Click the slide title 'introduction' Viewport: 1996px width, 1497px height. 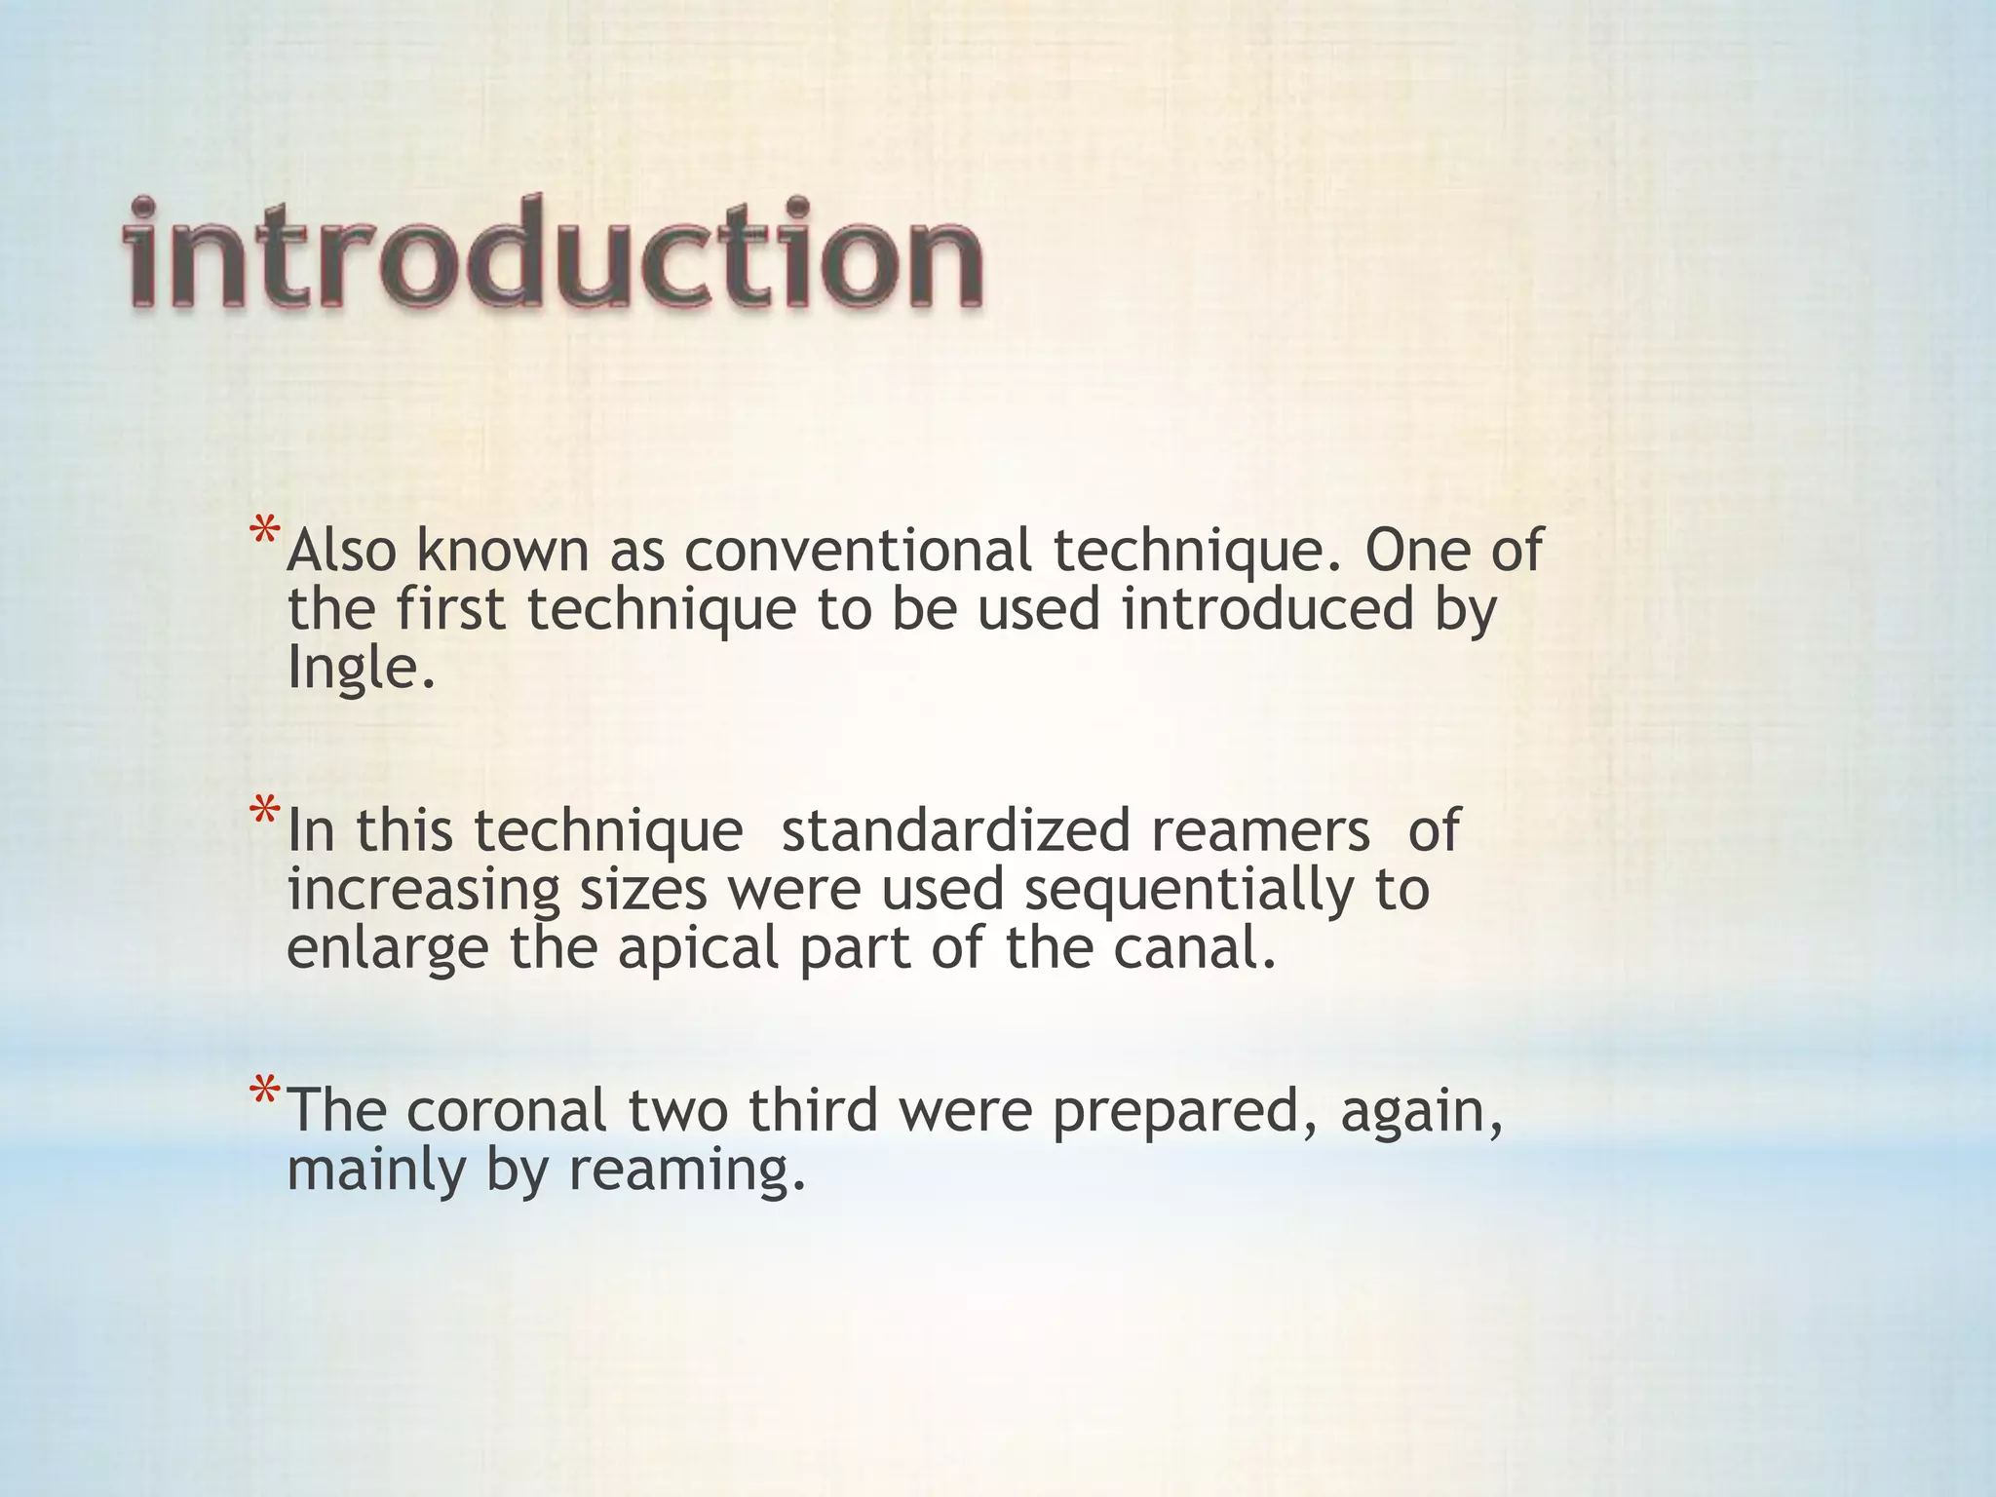(553, 255)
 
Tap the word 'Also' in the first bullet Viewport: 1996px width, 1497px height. (341, 551)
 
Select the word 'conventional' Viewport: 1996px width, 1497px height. (858, 551)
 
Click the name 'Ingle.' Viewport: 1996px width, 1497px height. (361, 669)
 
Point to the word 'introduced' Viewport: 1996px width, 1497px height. (1267, 609)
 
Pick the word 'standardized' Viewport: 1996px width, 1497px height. (954, 830)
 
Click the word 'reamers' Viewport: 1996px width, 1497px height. (1260, 830)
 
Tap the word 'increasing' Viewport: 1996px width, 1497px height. (424, 890)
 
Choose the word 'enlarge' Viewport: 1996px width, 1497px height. (387, 949)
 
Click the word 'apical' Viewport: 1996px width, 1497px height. (698, 949)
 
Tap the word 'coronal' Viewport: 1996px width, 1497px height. (506, 1110)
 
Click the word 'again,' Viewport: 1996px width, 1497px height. (1421, 1112)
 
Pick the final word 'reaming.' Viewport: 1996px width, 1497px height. (687, 1171)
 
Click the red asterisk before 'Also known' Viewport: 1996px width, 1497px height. (264, 534)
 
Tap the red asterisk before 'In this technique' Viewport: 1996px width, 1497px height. (264, 813)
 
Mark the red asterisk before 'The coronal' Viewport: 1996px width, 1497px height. (264, 1092)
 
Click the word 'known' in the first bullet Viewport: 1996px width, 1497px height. (503, 551)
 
